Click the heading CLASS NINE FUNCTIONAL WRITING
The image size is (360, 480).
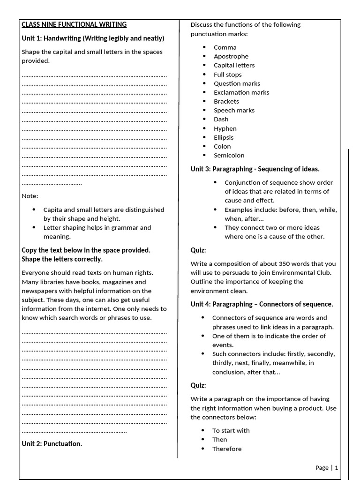point(74,24)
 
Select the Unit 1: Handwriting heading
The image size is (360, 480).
point(93,38)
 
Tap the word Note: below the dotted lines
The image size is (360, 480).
point(30,196)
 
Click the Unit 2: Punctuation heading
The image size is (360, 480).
point(52,443)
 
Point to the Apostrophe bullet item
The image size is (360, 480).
point(231,56)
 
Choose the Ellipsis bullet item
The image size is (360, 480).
point(224,137)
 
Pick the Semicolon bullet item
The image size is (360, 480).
point(229,155)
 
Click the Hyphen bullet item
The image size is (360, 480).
point(225,128)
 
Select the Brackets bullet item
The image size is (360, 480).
point(226,101)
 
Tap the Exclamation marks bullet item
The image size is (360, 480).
point(241,92)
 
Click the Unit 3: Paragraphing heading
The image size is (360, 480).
point(255,169)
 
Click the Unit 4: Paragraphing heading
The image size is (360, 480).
point(262,304)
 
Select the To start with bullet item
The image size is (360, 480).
point(231,430)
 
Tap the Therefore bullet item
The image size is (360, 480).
point(227,449)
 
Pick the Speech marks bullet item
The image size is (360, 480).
point(234,110)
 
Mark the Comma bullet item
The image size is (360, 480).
point(225,47)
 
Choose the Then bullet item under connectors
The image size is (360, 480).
point(219,439)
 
